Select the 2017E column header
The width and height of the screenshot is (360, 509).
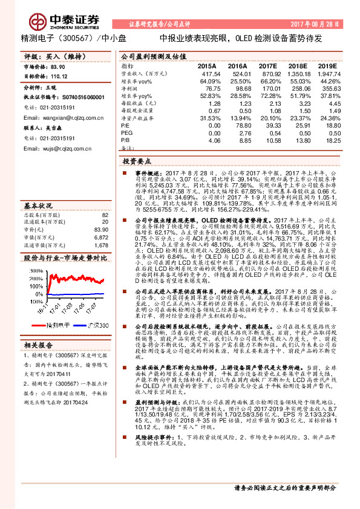coord(269,65)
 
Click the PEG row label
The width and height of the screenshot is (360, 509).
coord(126,131)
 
